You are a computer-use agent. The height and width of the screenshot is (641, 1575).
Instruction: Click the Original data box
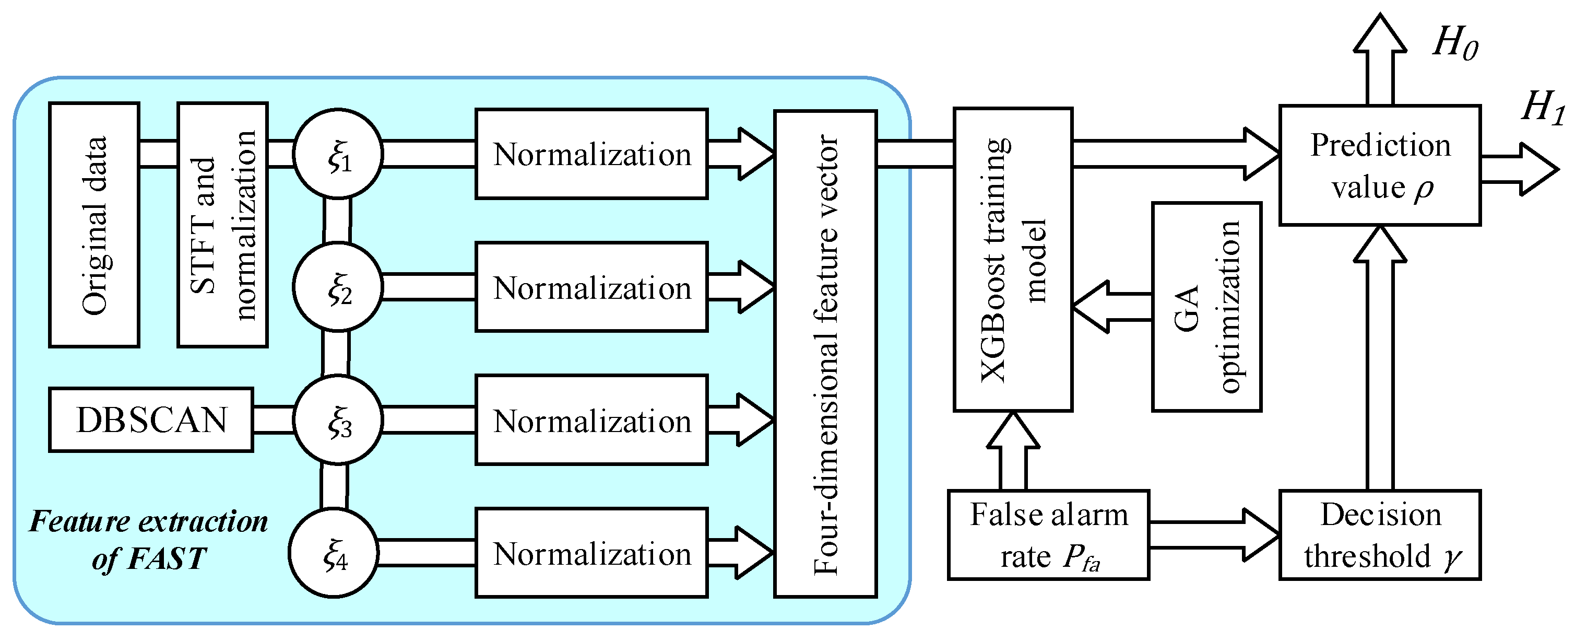click(x=94, y=225)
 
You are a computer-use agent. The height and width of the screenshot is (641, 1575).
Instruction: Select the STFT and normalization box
click(x=222, y=225)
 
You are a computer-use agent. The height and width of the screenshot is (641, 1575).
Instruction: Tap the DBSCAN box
click(x=151, y=420)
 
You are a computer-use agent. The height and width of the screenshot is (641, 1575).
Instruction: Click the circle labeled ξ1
click(x=338, y=154)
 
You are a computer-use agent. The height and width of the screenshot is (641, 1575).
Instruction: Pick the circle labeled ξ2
click(x=338, y=287)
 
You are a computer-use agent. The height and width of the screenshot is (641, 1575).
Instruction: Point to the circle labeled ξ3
click(x=338, y=420)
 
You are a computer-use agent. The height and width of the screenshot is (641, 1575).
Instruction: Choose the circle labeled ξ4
click(x=334, y=553)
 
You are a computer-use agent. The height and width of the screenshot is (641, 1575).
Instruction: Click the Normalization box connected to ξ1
click(x=591, y=154)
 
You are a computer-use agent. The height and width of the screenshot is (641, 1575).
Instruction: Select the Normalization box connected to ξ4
click(x=591, y=553)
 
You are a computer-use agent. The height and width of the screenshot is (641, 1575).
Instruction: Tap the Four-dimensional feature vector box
click(x=825, y=354)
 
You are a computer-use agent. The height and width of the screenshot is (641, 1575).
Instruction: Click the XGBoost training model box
click(x=1013, y=260)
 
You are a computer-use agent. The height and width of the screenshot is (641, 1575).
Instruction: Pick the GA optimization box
click(x=1206, y=307)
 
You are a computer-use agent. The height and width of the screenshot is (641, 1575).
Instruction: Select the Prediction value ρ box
click(x=1380, y=166)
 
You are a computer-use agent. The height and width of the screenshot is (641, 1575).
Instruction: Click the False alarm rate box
click(x=1048, y=535)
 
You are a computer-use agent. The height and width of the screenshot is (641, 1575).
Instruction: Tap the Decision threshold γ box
click(x=1380, y=535)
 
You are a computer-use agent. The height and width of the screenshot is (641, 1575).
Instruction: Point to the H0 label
click(x=1455, y=43)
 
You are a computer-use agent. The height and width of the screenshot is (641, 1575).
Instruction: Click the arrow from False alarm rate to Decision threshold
click(x=1214, y=535)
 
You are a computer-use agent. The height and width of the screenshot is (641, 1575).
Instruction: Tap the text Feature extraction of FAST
click(x=149, y=540)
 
